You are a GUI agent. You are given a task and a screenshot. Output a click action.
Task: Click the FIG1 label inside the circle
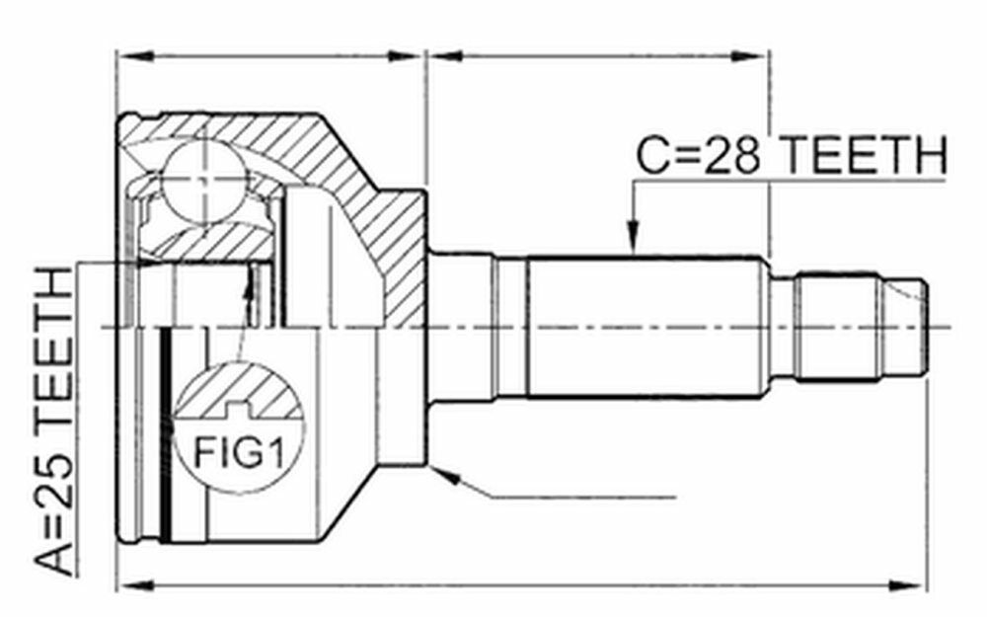pos(239,451)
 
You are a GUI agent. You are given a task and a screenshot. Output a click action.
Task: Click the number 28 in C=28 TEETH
pos(731,156)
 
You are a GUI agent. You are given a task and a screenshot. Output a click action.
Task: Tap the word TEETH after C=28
pos(863,156)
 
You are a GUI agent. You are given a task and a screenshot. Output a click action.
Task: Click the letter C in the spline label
pos(652,156)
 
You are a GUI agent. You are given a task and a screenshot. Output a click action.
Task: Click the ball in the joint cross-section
pos(202,181)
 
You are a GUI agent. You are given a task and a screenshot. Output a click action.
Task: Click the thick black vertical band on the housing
pos(166,434)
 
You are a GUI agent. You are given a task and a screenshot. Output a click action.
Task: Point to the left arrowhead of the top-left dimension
pos(134,56)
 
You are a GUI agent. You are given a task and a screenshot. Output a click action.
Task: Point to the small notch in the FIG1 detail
pos(239,410)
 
